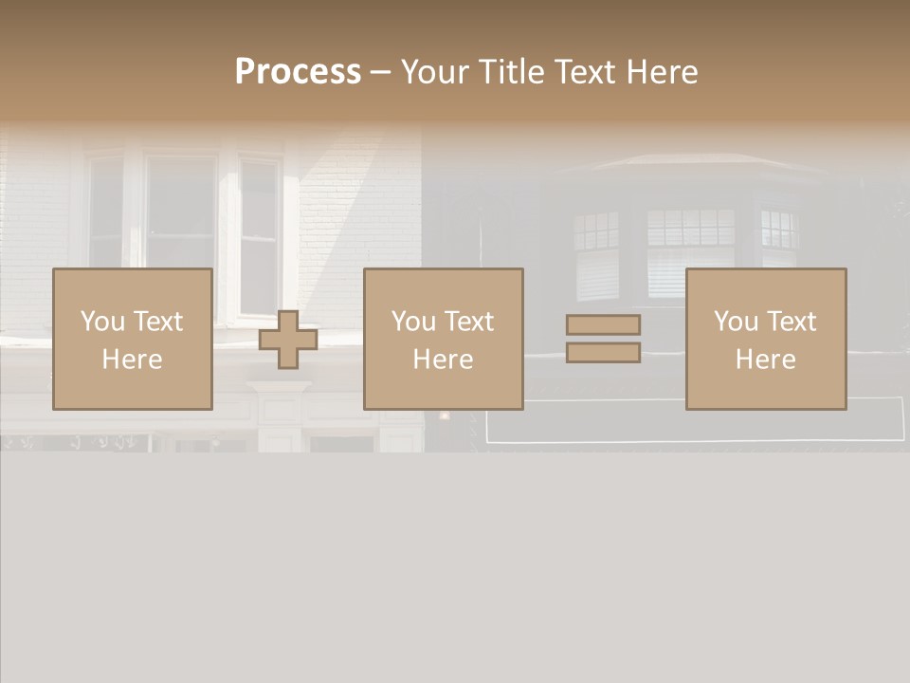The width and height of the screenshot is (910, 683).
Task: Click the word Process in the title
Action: pos(298,72)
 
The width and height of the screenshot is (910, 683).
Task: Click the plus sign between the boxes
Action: pos(288,340)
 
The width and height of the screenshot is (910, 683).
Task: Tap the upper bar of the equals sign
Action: pos(603,324)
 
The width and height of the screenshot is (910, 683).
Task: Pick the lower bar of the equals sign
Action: pos(603,353)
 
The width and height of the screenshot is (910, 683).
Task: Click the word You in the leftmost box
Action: pos(102,322)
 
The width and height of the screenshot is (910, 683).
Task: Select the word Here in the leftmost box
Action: pos(132,360)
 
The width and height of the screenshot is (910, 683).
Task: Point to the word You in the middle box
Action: pos(413,322)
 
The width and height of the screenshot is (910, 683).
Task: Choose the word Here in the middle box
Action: pos(443,360)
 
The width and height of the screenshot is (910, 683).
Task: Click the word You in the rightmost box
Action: pos(736,322)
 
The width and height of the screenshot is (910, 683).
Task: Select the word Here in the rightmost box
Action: pos(765,360)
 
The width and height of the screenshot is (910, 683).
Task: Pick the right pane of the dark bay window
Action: pos(779,242)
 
